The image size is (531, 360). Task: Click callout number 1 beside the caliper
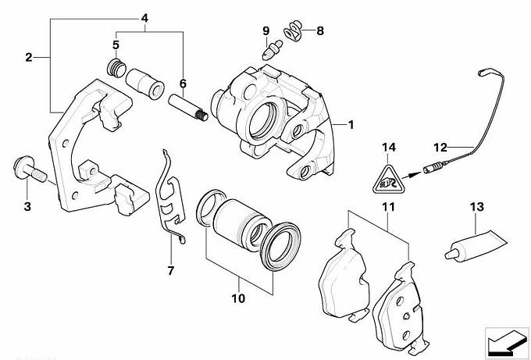(x=351, y=124)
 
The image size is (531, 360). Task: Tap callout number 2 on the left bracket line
(x=28, y=57)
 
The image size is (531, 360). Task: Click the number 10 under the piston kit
(x=237, y=298)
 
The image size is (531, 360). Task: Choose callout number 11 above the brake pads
(x=387, y=207)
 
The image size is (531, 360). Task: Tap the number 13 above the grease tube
(x=477, y=207)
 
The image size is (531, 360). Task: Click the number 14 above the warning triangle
(x=389, y=147)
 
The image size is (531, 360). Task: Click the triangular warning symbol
(x=389, y=181)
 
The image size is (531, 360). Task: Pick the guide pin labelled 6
(x=187, y=107)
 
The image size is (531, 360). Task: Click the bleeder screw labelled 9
(x=270, y=53)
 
